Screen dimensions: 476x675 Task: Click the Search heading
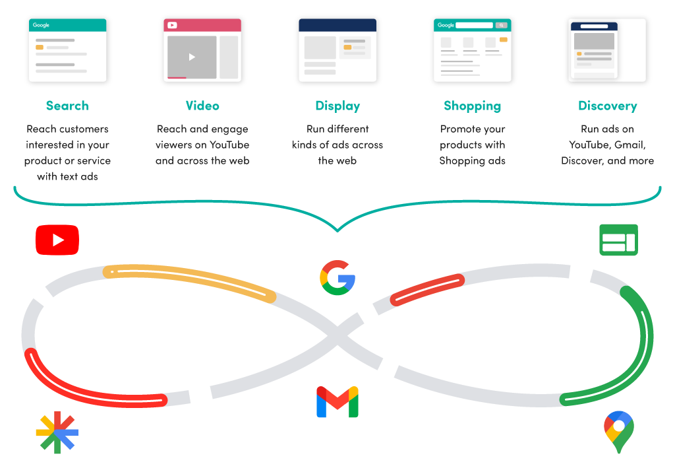(67, 106)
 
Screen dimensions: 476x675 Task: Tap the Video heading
(202, 106)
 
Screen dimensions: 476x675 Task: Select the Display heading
(337, 106)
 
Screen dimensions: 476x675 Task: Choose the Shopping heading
(472, 106)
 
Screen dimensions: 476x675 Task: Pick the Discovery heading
(607, 106)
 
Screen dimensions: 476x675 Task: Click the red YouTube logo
(57, 240)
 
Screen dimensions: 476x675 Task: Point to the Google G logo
(337, 277)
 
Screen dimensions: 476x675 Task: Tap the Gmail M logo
(337, 402)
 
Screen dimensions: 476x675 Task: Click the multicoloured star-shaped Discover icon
(57, 432)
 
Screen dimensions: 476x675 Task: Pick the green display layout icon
(618, 240)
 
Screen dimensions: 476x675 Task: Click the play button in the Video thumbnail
(192, 57)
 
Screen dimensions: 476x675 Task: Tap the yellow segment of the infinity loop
(191, 282)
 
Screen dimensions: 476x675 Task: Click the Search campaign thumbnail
(67, 50)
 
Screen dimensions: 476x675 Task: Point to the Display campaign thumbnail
(337, 50)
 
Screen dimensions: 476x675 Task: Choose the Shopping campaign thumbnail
(472, 50)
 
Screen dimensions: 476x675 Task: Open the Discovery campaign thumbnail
(606, 50)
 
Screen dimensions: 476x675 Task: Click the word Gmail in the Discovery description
(630, 145)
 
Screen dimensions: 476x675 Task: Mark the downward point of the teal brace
(337, 230)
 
